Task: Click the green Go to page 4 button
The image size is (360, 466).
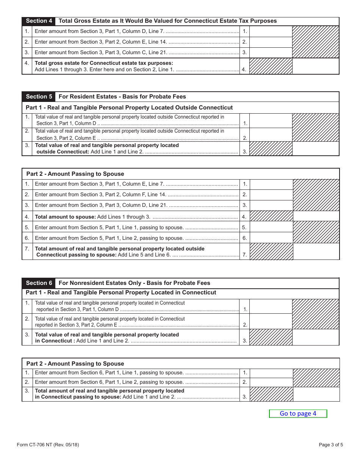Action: click(298, 414)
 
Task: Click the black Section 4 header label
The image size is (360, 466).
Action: click(39, 21)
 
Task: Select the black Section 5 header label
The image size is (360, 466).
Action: click(39, 97)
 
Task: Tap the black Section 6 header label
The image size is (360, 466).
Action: click(39, 283)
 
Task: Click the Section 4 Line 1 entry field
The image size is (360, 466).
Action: click(271, 31)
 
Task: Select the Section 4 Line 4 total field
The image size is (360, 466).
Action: click(316, 66)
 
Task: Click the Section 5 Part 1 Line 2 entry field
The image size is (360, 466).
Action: click(271, 135)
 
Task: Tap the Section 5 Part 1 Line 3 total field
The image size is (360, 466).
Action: click(316, 149)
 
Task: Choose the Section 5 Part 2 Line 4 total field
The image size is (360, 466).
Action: click(316, 216)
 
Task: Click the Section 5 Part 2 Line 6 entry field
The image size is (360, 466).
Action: click(271, 238)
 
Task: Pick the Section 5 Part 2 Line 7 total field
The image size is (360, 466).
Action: click(316, 252)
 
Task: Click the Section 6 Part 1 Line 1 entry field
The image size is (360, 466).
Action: click(271, 306)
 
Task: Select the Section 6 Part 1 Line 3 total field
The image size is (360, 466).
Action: click(316, 337)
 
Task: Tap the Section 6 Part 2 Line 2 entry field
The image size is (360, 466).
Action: click(271, 382)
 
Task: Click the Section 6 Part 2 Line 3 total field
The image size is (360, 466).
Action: click(316, 394)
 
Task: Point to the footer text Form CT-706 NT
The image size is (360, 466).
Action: click(48, 445)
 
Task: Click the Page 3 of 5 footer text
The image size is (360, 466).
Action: click(330, 445)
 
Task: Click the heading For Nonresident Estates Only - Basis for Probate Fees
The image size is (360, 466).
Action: click(134, 283)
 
